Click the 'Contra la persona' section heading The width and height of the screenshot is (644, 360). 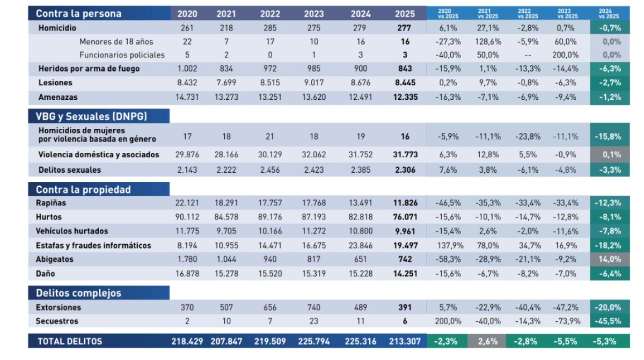pos(79,13)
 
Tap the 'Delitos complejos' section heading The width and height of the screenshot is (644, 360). pos(79,293)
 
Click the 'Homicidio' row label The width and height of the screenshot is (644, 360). pos(57,27)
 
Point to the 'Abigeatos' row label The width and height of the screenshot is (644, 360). pos(55,259)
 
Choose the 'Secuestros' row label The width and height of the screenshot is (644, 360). pos(57,321)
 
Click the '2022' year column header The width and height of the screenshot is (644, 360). pos(270,13)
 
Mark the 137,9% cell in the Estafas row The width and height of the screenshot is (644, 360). pos(445,245)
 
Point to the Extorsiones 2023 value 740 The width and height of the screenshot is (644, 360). pos(314,307)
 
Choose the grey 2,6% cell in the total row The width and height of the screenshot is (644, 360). pos(486,341)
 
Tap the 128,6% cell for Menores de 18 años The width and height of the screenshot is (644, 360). pos(486,41)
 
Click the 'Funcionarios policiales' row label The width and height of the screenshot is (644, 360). pos(122,55)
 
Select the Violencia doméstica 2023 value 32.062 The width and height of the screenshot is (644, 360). pos(314,155)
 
